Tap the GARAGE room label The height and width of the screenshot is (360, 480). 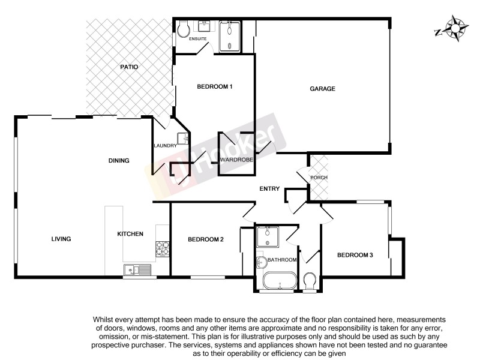pos(322,89)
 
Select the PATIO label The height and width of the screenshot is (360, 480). pos(128,67)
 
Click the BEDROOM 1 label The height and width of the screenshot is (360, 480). pos(214,87)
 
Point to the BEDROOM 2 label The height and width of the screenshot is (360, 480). pos(206,239)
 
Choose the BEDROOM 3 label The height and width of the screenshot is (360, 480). pos(355,255)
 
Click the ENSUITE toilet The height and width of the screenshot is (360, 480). pos(183,29)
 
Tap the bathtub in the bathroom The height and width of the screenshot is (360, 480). pos(280,281)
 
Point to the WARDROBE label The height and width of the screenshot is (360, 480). pos(236,160)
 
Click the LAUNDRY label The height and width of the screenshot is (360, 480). pos(165,146)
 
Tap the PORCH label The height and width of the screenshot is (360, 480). pos(318,178)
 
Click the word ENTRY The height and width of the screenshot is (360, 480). pos(269,189)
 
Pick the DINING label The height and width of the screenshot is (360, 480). pos(119,160)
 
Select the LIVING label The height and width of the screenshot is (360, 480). pos(61,239)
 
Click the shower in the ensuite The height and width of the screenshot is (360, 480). pos(229,37)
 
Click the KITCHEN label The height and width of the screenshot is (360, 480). pos(130,233)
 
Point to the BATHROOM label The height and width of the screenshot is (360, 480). pos(282,260)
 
